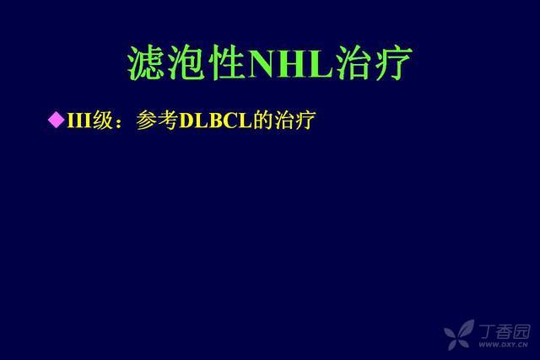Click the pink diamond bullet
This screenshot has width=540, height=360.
pyautogui.click(x=57, y=120)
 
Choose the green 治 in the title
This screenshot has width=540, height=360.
pyautogui.click(x=354, y=63)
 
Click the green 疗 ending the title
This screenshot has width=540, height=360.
pyautogui.click(x=393, y=63)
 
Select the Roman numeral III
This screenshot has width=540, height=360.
pyautogui.click(x=79, y=120)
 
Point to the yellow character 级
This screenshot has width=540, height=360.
pyautogui.click(x=103, y=120)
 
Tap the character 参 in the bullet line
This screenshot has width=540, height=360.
pyautogui.click(x=147, y=120)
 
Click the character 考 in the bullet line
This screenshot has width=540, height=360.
pyautogui.click(x=168, y=120)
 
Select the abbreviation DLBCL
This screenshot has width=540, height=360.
pyautogui.click(x=216, y=121)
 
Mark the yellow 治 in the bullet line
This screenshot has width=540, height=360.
pyautogui.click(x=284, y=120)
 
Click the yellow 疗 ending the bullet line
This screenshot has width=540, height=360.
pyautogui.click(x=305, y=120)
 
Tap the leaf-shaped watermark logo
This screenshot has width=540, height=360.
pyautogui.click(x=459, y=334)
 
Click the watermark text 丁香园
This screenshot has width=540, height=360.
pyautogui.click(x=505, y=331)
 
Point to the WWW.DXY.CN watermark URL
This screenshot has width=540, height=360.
pyautogui.click(x=504, y=345)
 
